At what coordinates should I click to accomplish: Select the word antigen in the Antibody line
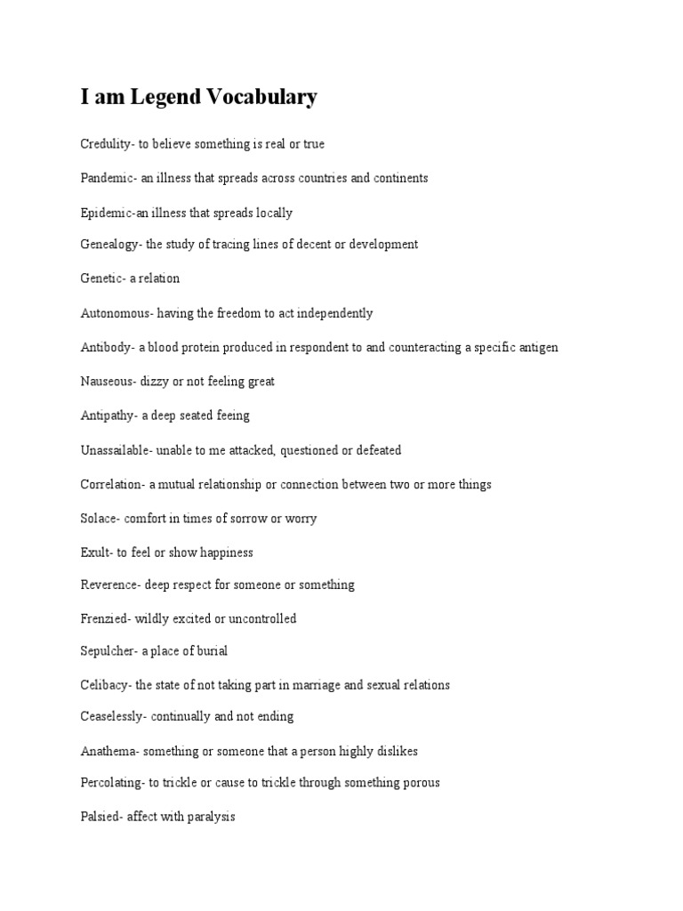point(536,347)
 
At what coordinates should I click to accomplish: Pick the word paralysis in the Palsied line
point(206,816)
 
